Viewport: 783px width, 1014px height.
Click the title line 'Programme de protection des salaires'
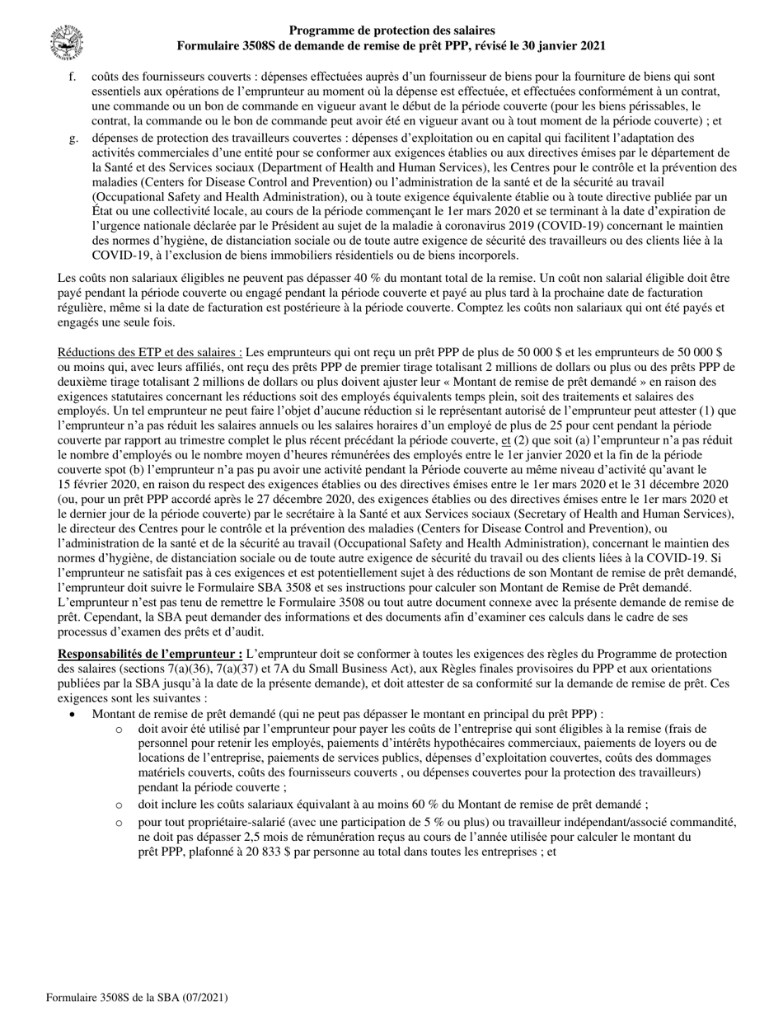tap(391, 31)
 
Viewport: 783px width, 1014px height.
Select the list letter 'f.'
tap(73, 77)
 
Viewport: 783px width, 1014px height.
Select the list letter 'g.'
tap(73, 138)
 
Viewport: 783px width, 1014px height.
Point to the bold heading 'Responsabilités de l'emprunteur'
tap(149, 654)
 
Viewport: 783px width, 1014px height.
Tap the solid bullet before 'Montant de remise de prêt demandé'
tap(73, 715)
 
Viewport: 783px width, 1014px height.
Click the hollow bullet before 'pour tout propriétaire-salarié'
tap(120, 823)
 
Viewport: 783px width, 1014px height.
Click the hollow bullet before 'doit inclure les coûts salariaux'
tap(120, 805)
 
